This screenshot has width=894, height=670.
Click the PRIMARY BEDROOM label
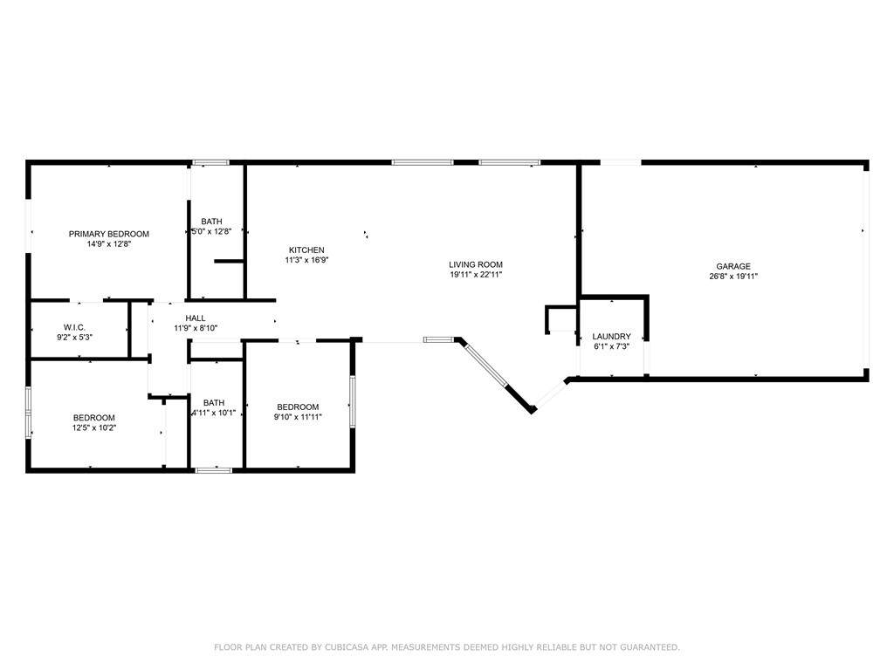pos(109,234)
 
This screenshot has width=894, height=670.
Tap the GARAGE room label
pos(733,266)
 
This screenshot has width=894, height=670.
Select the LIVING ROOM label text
pos(476,264)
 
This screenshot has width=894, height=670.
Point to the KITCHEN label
pos(306,250)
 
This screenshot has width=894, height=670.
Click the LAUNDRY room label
pos(611,336)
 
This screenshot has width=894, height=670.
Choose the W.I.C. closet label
pos(75,327)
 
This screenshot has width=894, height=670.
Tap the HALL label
pos(196,318)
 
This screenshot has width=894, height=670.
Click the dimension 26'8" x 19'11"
pos(733,277)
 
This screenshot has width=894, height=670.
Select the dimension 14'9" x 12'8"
pos(109,244)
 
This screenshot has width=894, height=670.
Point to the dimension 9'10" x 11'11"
pos(298,416)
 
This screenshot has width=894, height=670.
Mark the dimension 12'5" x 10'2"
pos(94,427)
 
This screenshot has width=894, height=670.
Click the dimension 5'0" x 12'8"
pos(211,231)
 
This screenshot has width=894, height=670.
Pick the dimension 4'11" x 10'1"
pos(213,413)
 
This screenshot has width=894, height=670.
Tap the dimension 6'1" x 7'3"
pos(611,346)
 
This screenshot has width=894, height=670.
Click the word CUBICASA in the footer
pos(347,647)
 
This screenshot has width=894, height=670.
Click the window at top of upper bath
pos(210,163)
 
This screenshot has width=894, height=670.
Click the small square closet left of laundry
pos(561,319)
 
